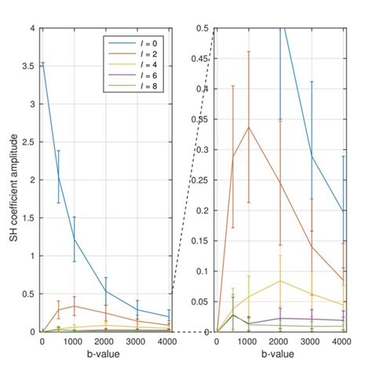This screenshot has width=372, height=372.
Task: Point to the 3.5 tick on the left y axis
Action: [x=30, y=66]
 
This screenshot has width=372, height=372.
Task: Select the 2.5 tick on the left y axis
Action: [x=30, y=142]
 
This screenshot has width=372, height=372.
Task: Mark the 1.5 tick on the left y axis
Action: [x=30, y=218]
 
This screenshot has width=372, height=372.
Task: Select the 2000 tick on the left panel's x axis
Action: [x=106, y=342]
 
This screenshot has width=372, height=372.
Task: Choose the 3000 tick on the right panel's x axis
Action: [x=312, y=342]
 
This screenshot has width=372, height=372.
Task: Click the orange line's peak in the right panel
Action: [x=249, y=127]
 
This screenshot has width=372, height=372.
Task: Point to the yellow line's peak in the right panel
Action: [x=280, y=281]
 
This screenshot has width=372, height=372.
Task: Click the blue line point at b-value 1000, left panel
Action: [x=75, y=239]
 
